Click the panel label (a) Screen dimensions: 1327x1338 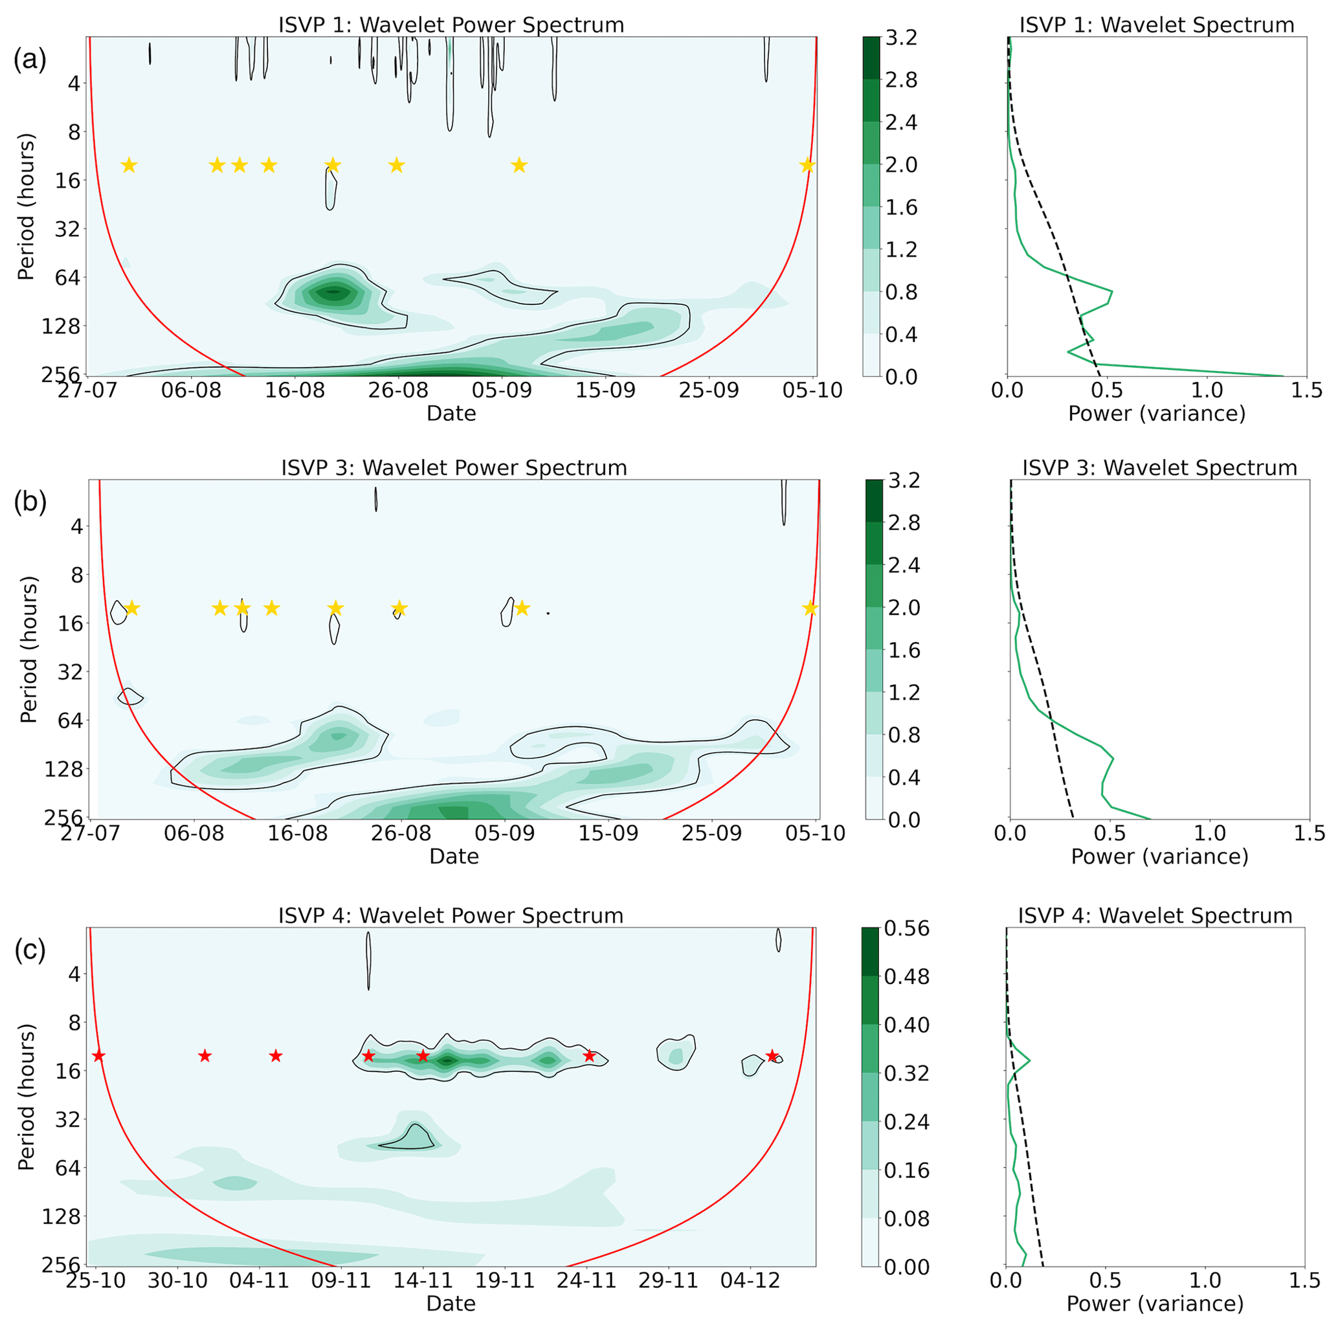30,60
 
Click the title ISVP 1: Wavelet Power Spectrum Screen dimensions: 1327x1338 451,25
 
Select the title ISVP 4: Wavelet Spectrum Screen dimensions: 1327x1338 1154,915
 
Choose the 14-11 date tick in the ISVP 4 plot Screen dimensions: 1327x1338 423,1280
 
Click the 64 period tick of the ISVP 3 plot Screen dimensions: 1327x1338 68,721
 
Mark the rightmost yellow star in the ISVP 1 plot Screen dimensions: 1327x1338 807,166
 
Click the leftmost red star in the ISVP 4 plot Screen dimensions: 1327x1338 98,1056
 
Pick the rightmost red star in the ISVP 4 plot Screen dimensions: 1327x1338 772,1056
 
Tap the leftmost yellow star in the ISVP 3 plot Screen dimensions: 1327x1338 131,608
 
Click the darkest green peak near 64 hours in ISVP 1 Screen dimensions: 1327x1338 334,291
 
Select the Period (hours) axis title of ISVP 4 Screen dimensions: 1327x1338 27,1097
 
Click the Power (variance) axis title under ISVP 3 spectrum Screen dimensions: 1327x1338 1159,857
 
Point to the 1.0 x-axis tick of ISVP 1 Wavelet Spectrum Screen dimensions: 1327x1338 1207,390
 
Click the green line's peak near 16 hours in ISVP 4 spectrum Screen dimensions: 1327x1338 1029,1060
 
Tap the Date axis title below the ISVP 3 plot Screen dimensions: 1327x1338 454,857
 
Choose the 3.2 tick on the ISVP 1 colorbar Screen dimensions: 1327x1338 901,38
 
